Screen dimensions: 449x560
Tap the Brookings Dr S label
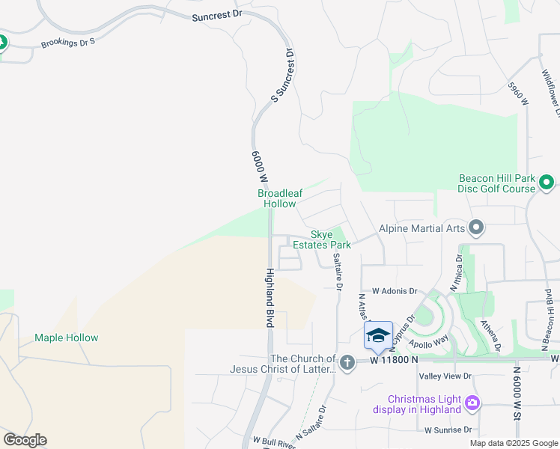(69, 41)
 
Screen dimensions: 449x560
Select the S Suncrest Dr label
(284, 75)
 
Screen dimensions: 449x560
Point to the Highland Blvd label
(268, 298)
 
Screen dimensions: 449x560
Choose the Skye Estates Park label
(322, 239)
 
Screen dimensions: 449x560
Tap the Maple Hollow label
(66, 337)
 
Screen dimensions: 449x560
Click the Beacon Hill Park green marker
(547, 182)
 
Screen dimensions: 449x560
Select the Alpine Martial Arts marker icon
(475, 227)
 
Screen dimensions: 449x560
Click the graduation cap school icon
(378, 335)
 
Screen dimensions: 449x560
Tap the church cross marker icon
(347, 363)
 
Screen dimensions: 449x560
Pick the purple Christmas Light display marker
(472, 403)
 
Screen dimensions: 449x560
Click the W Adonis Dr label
(394, 291)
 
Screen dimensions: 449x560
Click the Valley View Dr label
(445, 376)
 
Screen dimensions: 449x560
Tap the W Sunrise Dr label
(448, 430)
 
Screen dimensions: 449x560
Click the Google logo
(25, 440)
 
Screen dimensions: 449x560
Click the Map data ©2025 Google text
(513, 443)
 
